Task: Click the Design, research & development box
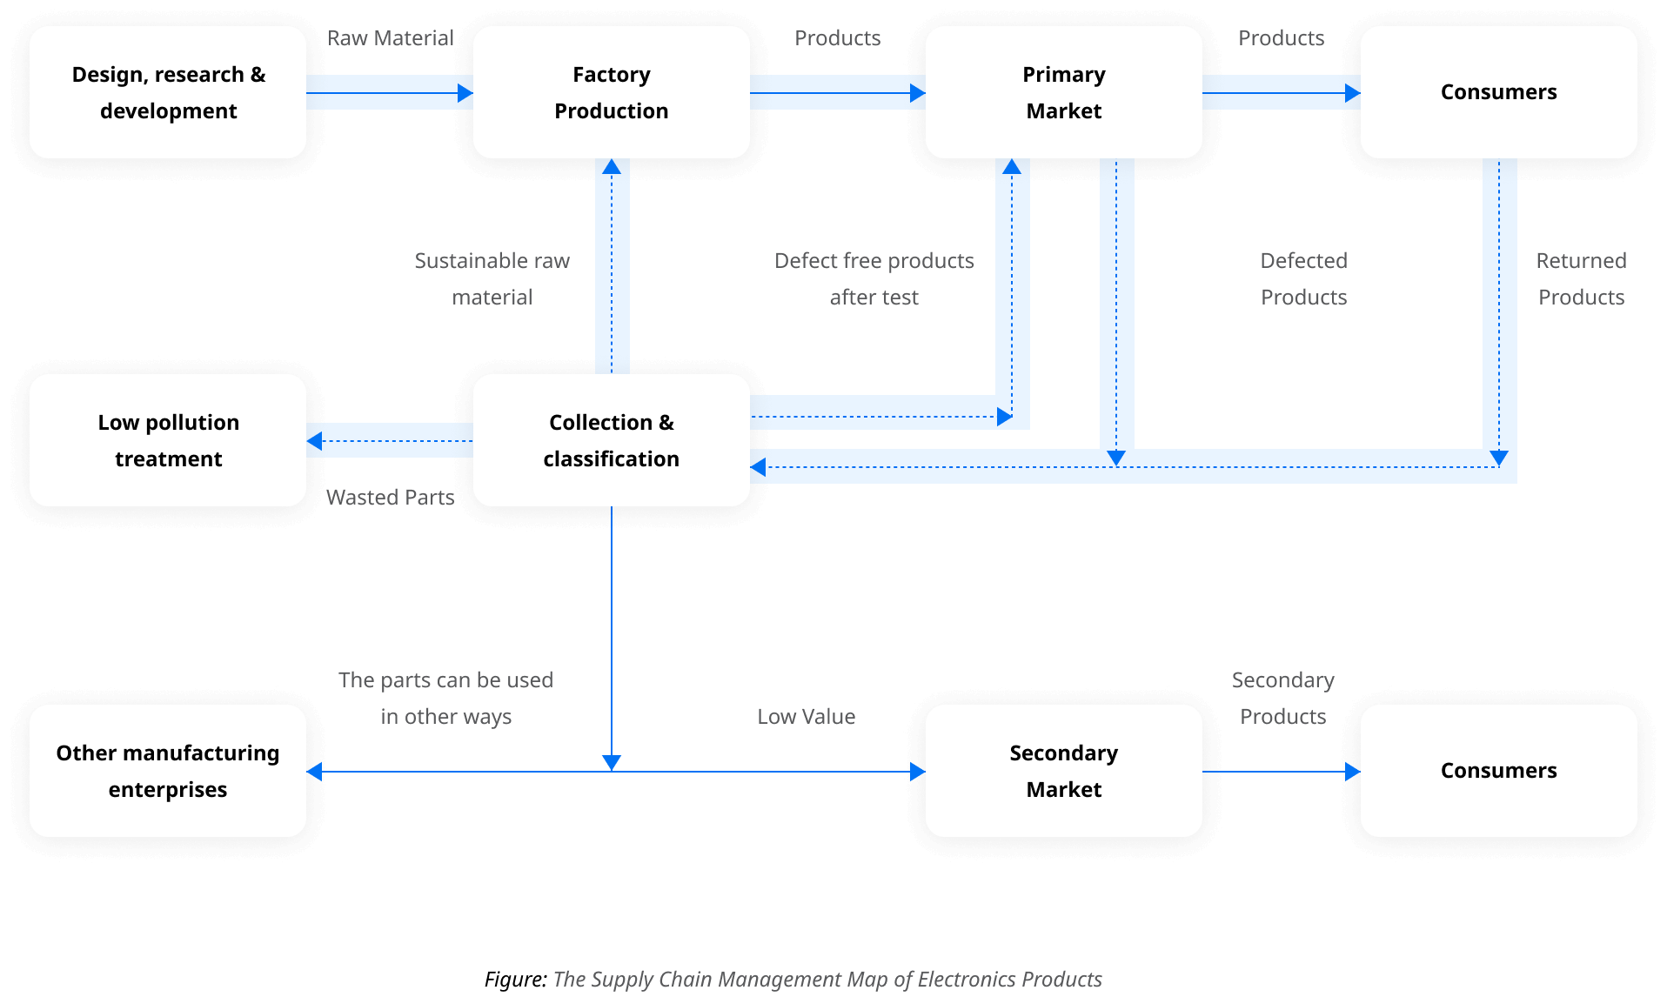[168, 92]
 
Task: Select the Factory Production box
[611, 92]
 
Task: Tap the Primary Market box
[1063, 92]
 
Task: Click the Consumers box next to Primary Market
[1498, 92]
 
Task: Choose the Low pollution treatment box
[168, 440]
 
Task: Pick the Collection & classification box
[611, 440]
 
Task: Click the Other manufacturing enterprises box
[168, 771]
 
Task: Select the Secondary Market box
[1063, 771]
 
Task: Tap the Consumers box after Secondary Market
[1498, 771]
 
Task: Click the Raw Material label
[390, 38]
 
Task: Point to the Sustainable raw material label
[492, 278]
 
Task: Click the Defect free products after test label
[874, 278]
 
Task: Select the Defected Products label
[1303, 278]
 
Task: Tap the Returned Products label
[1581, 278]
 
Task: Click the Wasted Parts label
[390, 498]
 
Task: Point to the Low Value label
[806, 717]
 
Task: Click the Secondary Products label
[1282, 698]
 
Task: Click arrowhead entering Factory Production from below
[612, 166]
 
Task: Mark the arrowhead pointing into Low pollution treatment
[315, 441]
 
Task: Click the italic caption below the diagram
[827, 980]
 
